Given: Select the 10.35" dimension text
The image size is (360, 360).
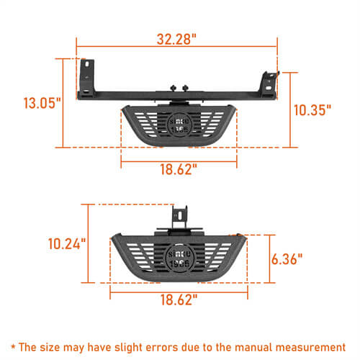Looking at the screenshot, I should tap(312, 109).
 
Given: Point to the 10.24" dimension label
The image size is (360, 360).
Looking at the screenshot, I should tap(67, 243).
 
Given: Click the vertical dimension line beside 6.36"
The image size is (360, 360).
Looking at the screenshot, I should tap(269, 258).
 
